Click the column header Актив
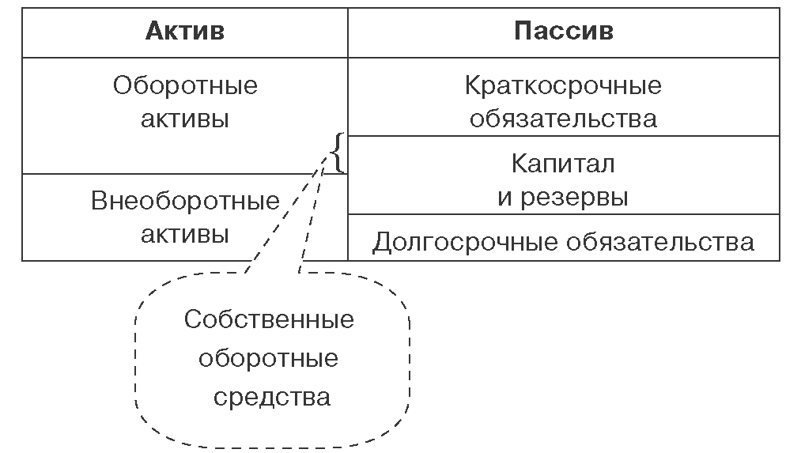(x=184, y=31)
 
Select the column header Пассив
(x=563, y=31)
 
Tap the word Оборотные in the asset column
(x=185, y=85)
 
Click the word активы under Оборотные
(x=185, y=119)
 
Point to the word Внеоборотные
(x=185, y=200)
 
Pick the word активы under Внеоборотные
(x=185, y=235)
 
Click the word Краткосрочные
(x=563, y=85)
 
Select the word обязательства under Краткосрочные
(x=563, y=119)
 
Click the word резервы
(x=575, y=197)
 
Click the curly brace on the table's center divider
(x=338, y=153)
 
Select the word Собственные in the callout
(x=269, y=320)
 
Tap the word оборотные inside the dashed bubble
(x=269, y=359)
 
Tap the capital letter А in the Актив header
(x=154, y=31)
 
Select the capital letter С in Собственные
(x=192, y=320)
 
